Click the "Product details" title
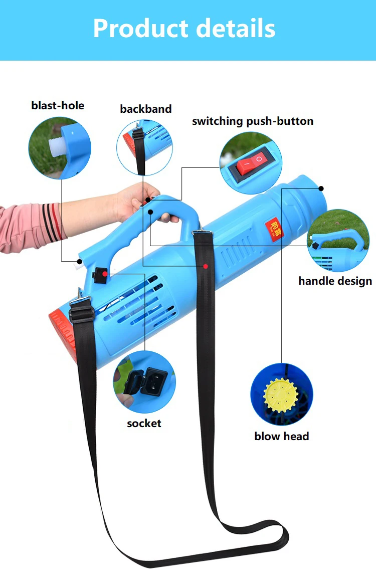pos(184,28)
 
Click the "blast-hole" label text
pos(58,105)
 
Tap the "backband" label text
pos(145,109)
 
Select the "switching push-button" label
pos(253,121)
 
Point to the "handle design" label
pos(335,281)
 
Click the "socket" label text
pos(144,423)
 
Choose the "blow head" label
pos(281,436)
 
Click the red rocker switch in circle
pos(251,164)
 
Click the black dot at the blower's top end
pos(321,188)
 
